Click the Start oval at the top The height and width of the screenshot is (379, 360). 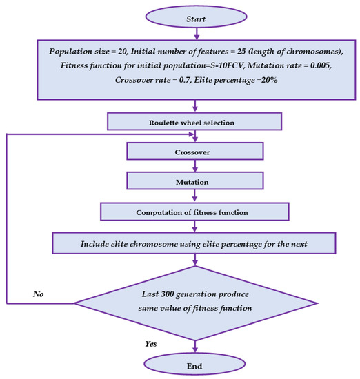195,18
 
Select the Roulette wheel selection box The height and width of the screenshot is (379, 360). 195,121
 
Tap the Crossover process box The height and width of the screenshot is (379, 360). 195,151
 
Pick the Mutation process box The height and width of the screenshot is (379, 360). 195,181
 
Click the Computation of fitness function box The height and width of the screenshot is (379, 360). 195,211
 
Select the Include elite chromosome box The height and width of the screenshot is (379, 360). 195,243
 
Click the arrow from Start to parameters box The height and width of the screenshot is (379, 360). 195,34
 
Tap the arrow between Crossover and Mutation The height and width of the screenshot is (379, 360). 195,165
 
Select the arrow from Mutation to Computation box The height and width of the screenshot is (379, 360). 195,196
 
